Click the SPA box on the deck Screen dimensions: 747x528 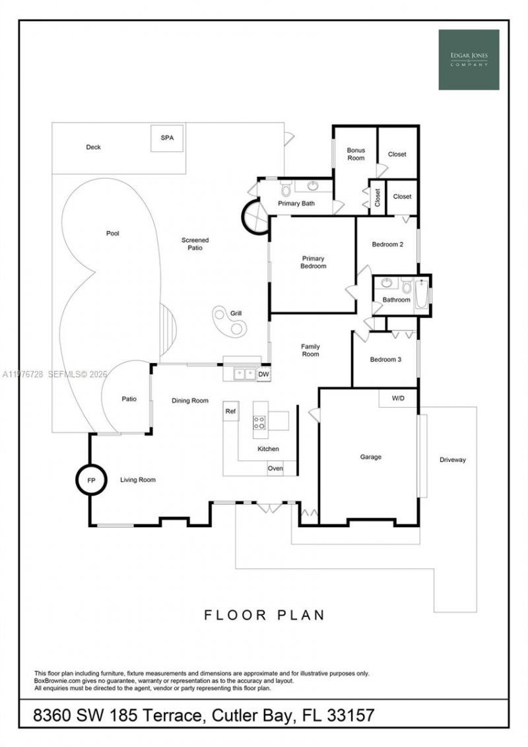pos(167,139)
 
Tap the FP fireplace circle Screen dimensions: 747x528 pos(91,480)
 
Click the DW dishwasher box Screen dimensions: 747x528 pos(263,374)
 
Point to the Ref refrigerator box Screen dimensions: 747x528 pos(230,410)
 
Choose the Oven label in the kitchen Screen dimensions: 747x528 pos(275,469)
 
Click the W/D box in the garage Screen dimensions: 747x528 pos(398,399)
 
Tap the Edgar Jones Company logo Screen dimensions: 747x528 pos(469,59)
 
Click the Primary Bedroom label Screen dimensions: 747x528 pos(313,262)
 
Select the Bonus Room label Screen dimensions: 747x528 pos(356,154)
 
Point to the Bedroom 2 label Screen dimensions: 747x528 pos(387,245)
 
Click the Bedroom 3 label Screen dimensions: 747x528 pos(385,360)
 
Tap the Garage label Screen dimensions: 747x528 pos(370,457)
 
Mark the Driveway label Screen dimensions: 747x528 pos(453,460)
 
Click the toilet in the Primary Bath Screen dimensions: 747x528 pos(286,190)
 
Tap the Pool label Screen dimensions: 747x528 pos(112,234)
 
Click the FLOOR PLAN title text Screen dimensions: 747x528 pos(264,615)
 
